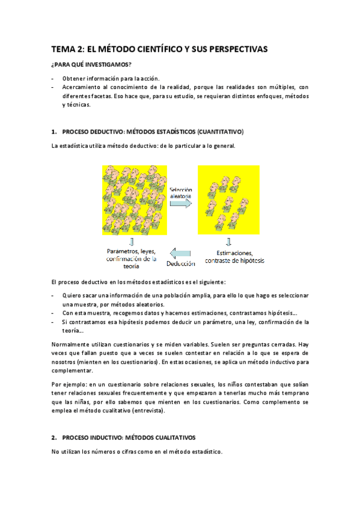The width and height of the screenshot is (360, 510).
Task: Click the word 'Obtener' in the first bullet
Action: click(x=74, y=78)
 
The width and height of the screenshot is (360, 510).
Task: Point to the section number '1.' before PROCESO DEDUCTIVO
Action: click(x=54, y=131)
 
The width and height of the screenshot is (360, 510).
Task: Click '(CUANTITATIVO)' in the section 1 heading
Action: click(x=215, y=131)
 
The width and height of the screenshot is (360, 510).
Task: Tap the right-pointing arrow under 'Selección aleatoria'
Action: click(x=180, y=204)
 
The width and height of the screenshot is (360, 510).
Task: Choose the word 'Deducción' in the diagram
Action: click(x=181, y=263)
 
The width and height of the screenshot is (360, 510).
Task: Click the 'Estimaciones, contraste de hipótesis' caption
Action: click(x=234, y=257)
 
